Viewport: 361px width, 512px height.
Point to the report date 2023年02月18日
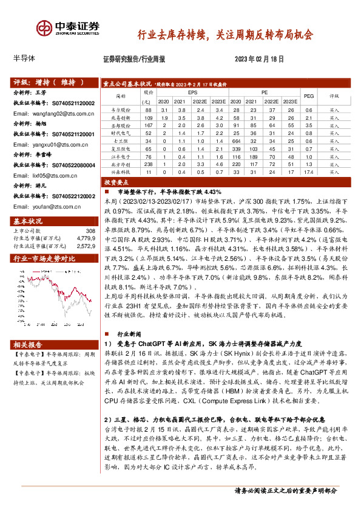pos(260,59)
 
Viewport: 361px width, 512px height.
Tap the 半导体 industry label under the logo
pos(25,59)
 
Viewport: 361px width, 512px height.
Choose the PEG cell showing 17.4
pos(308,172)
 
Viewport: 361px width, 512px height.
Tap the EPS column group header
pos(192,92)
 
